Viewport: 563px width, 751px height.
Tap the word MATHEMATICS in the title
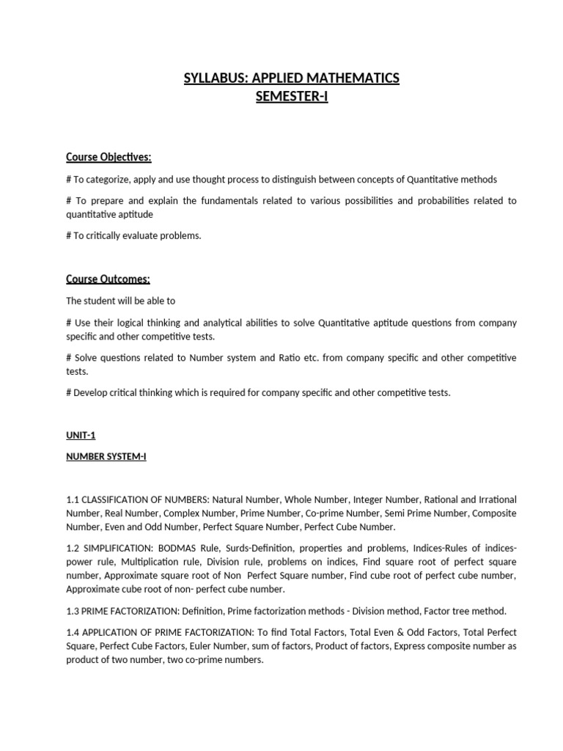pyautogui.click(x=352, y=78)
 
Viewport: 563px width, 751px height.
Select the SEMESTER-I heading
pyautogui.click(x=291, y=96)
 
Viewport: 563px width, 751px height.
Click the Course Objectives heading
pyautogui.click(x=108, y=157)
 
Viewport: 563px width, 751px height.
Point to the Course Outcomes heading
pyautogui.click(x=108, y=279)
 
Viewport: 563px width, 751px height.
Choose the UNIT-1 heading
pyautogui.click(x=81, y=435)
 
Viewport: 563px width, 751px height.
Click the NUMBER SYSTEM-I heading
pyautogui.click(x=106, y=456)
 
